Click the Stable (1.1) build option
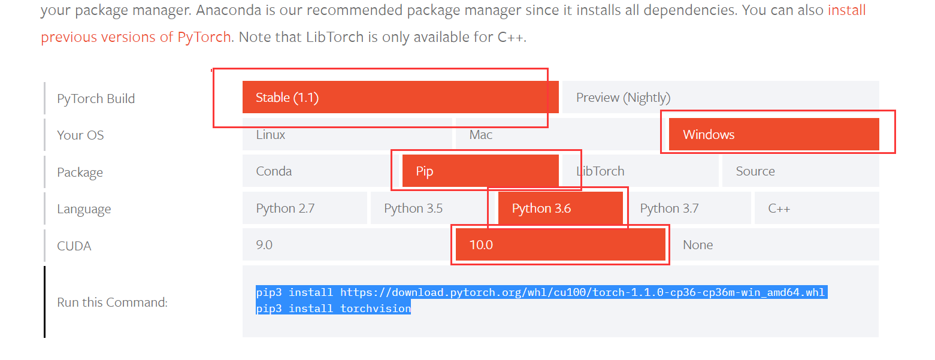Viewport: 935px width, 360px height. (400, 98)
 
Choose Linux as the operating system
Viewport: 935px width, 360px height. (347, 135)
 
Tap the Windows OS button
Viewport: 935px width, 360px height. (773, 135)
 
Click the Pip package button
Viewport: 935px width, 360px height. (480, 171)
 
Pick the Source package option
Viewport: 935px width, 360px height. (800, 171)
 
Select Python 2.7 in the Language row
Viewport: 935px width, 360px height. (304, 208)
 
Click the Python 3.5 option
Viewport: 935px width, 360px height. (432, 208)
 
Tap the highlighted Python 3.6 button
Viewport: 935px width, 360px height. (560, 208)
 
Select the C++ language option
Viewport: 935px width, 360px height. (816, 208)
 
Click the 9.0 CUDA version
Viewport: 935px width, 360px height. (347, 245)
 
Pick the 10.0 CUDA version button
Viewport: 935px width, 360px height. (560, 245)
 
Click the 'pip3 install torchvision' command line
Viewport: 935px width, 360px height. (333, 309)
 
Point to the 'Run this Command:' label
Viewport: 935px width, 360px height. (112, 302)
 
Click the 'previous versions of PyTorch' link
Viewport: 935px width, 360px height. (136, 37)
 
